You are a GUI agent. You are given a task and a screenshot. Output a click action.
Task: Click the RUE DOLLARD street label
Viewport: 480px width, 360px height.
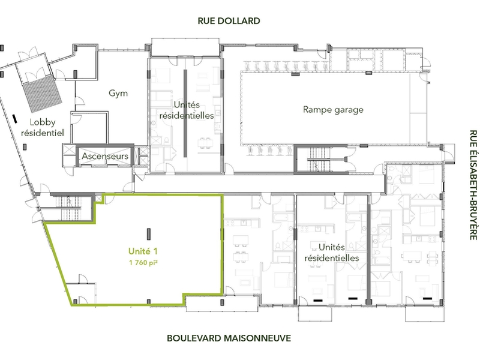click(229, 21)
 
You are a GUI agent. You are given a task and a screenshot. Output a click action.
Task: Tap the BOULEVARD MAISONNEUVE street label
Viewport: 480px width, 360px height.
click(229, 338)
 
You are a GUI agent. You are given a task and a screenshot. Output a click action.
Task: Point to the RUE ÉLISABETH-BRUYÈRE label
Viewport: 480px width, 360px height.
click(473, 185)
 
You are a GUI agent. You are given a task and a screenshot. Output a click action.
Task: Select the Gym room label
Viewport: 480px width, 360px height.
click(118, 94)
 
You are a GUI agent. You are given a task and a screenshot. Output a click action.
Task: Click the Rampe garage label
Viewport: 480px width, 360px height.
click(333, 110)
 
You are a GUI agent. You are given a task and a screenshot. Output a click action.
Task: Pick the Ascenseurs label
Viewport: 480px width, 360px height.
click(105, 156)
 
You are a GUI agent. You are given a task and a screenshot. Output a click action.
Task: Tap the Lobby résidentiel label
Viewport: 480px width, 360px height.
click(42, 127)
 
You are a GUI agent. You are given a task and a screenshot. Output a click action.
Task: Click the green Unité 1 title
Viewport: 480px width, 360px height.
click(143, 251)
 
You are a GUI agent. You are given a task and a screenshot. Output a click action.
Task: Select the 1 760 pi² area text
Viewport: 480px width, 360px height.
click(143, 262)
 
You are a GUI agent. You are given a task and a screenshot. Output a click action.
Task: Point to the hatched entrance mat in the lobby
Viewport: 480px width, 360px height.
click(42, 92)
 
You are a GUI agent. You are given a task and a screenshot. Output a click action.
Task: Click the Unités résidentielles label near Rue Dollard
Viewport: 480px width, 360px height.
click(187, 110)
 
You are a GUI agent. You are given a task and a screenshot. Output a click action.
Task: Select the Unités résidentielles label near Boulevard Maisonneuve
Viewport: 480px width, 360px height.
click(332, 252)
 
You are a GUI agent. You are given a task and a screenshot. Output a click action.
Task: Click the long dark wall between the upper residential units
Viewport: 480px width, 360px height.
click(185, 113)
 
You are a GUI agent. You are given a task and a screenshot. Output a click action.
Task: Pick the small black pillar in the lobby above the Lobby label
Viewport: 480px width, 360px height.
click(14, 119)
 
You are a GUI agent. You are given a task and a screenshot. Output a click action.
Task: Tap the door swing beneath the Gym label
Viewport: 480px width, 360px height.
click(80, 101)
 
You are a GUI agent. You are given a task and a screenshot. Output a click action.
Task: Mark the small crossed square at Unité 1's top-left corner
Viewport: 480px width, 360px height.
click(99, 199)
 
